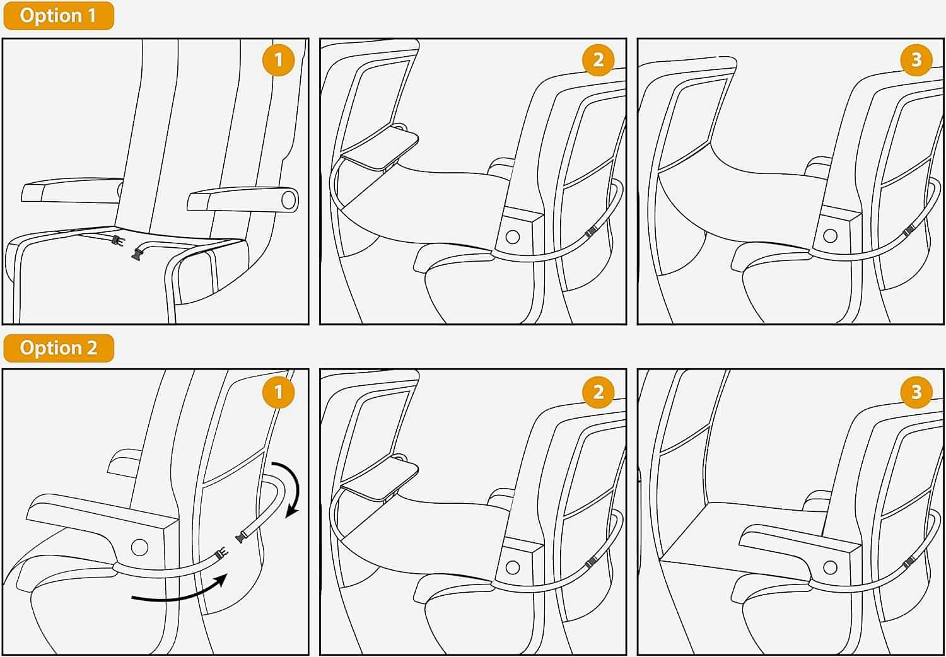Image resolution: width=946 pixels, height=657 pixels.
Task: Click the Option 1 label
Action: pos(58,16)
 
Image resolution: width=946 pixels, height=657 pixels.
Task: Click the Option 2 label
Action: pos(58,348)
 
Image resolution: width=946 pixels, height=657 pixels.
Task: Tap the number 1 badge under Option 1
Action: pos(278,60)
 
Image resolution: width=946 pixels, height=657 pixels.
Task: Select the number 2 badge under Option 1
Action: pos(598,60)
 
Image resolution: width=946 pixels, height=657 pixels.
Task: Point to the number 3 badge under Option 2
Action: pos(916,392)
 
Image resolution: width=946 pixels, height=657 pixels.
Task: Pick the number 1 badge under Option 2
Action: pos(278,392)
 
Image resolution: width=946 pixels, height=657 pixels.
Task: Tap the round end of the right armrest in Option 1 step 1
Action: pos(289,200)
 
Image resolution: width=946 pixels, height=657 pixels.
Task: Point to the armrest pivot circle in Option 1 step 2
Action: pos(513,237)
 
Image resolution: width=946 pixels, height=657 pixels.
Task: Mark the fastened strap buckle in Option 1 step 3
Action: pos(908,231)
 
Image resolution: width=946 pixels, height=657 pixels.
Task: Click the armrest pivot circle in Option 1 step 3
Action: pos(831,236)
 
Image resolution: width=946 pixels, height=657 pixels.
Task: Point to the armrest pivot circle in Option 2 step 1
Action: pos(140,547)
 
